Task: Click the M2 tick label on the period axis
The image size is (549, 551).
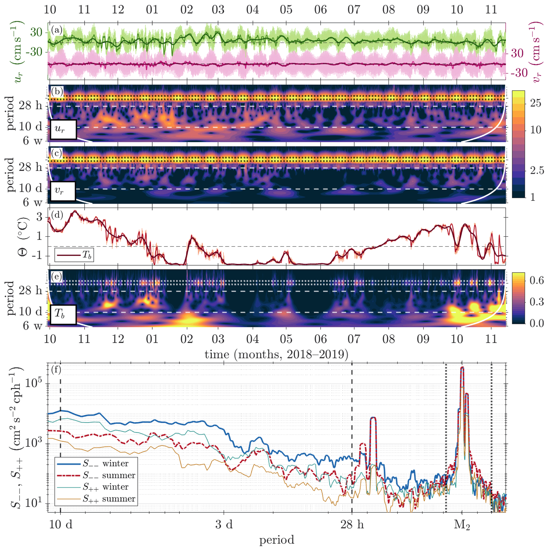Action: [462, 524]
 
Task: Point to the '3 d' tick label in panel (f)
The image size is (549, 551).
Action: [224, 524]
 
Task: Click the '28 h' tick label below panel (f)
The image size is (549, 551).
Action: [352, 524]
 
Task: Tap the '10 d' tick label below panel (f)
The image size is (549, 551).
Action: [61, 524]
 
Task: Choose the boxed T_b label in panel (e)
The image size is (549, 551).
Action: [63, 314]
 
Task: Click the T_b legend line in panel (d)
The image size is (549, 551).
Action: [69, 255]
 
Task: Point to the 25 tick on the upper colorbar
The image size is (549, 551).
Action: [536, 103]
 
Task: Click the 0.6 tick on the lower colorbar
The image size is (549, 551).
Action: [537, 280]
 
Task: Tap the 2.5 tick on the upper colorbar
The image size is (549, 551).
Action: [537, 171]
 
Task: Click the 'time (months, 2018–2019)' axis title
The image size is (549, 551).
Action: [276, 354]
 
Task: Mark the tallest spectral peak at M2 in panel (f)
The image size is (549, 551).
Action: [462, 368]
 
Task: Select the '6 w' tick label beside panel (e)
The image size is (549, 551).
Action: [32, 325]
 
